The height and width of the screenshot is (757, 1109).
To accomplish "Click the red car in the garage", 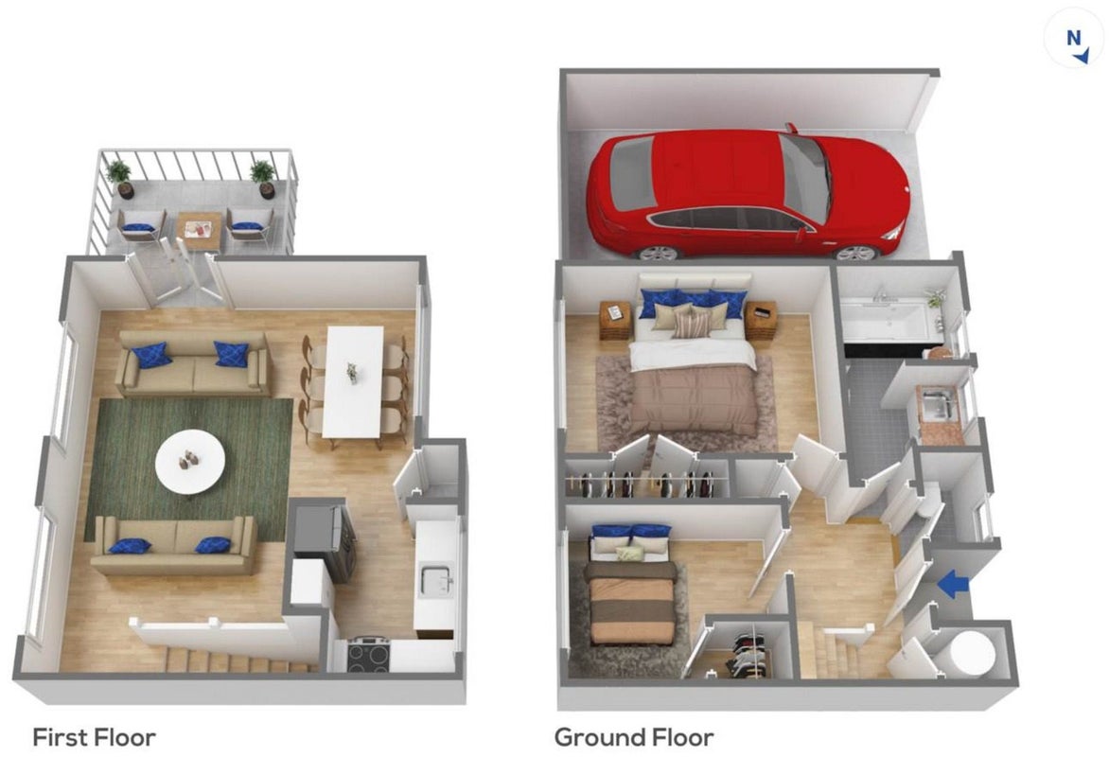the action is click(x=747, y=192).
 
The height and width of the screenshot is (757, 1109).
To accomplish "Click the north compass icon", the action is click(x=1074, y=38).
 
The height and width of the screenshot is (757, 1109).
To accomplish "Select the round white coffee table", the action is click(x=190, y=461).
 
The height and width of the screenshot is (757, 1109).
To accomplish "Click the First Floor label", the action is click(x=94, y=737).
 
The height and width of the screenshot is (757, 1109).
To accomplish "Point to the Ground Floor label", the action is click(x=634, y=737).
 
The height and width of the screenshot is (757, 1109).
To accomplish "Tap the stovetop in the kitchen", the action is click(x=368, y=655).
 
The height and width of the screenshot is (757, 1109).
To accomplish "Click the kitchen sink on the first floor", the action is click(x=435, y=579).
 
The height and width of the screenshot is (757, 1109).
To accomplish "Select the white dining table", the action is click(x=353, y=382).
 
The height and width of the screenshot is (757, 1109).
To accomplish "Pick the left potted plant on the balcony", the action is click(x=119, y=178).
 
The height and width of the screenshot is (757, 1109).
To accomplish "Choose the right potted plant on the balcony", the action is click(x=263, y=178).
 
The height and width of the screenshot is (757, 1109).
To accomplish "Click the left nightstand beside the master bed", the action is click(x=615, y=320).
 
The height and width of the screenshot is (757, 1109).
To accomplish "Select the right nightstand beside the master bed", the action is click(x=761, y=320).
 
